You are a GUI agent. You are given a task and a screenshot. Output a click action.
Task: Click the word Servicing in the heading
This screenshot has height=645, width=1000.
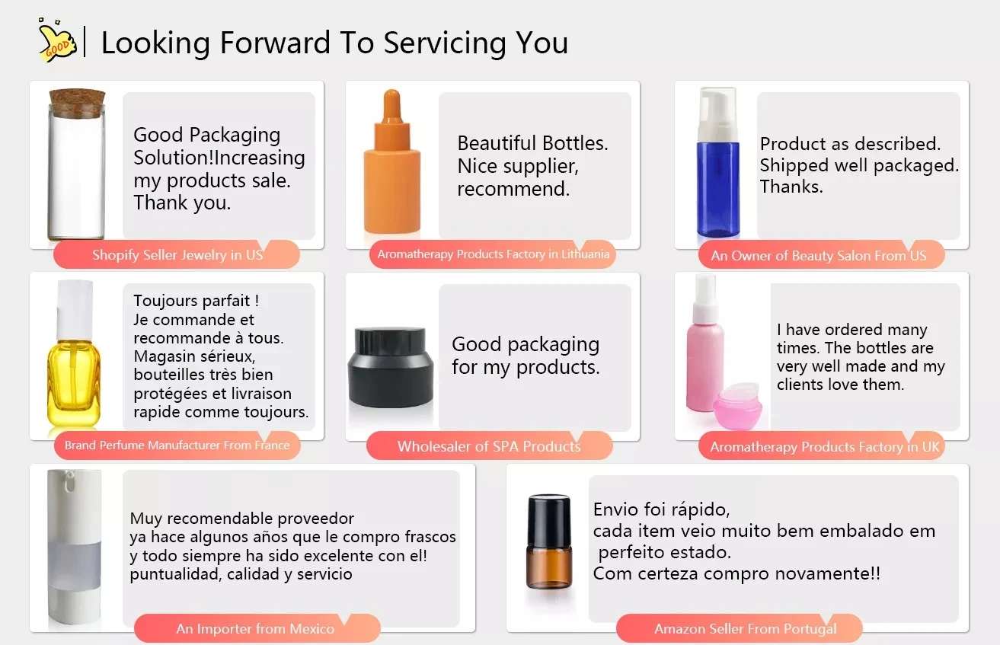click(446, 43)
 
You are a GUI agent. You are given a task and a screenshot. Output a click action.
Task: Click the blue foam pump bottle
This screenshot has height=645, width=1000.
click(718, 162)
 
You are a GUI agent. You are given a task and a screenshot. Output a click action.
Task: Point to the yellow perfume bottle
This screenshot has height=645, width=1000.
click(74, 353)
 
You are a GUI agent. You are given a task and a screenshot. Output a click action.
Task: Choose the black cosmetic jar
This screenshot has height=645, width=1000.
click(391, 367)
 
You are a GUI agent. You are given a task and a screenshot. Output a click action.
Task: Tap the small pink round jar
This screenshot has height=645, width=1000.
click(737, 405)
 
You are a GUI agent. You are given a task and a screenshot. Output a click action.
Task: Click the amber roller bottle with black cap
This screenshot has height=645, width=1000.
click(549, 541)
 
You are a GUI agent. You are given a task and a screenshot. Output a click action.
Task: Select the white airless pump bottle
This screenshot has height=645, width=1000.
click(74, 546)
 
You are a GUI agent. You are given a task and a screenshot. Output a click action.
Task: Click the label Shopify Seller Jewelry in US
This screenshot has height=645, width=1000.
click(177, 255)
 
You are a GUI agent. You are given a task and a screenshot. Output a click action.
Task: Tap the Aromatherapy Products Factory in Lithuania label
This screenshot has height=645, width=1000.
click(493, 254)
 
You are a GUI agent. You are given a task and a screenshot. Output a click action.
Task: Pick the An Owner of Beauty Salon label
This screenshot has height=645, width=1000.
click(818, 255)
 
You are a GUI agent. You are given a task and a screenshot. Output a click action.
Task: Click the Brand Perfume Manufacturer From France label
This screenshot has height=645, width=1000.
click(177, 445)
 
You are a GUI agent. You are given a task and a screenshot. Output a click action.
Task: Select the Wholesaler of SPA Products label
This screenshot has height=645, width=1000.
click(489, 446)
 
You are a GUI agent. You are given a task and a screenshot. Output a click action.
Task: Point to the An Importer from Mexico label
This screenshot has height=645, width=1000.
click(255, 629)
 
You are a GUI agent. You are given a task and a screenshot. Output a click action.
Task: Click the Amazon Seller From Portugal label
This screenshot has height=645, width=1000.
click(745, 629)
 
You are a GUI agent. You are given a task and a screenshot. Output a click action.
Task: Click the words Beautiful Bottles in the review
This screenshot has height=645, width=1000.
click(532, 143)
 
